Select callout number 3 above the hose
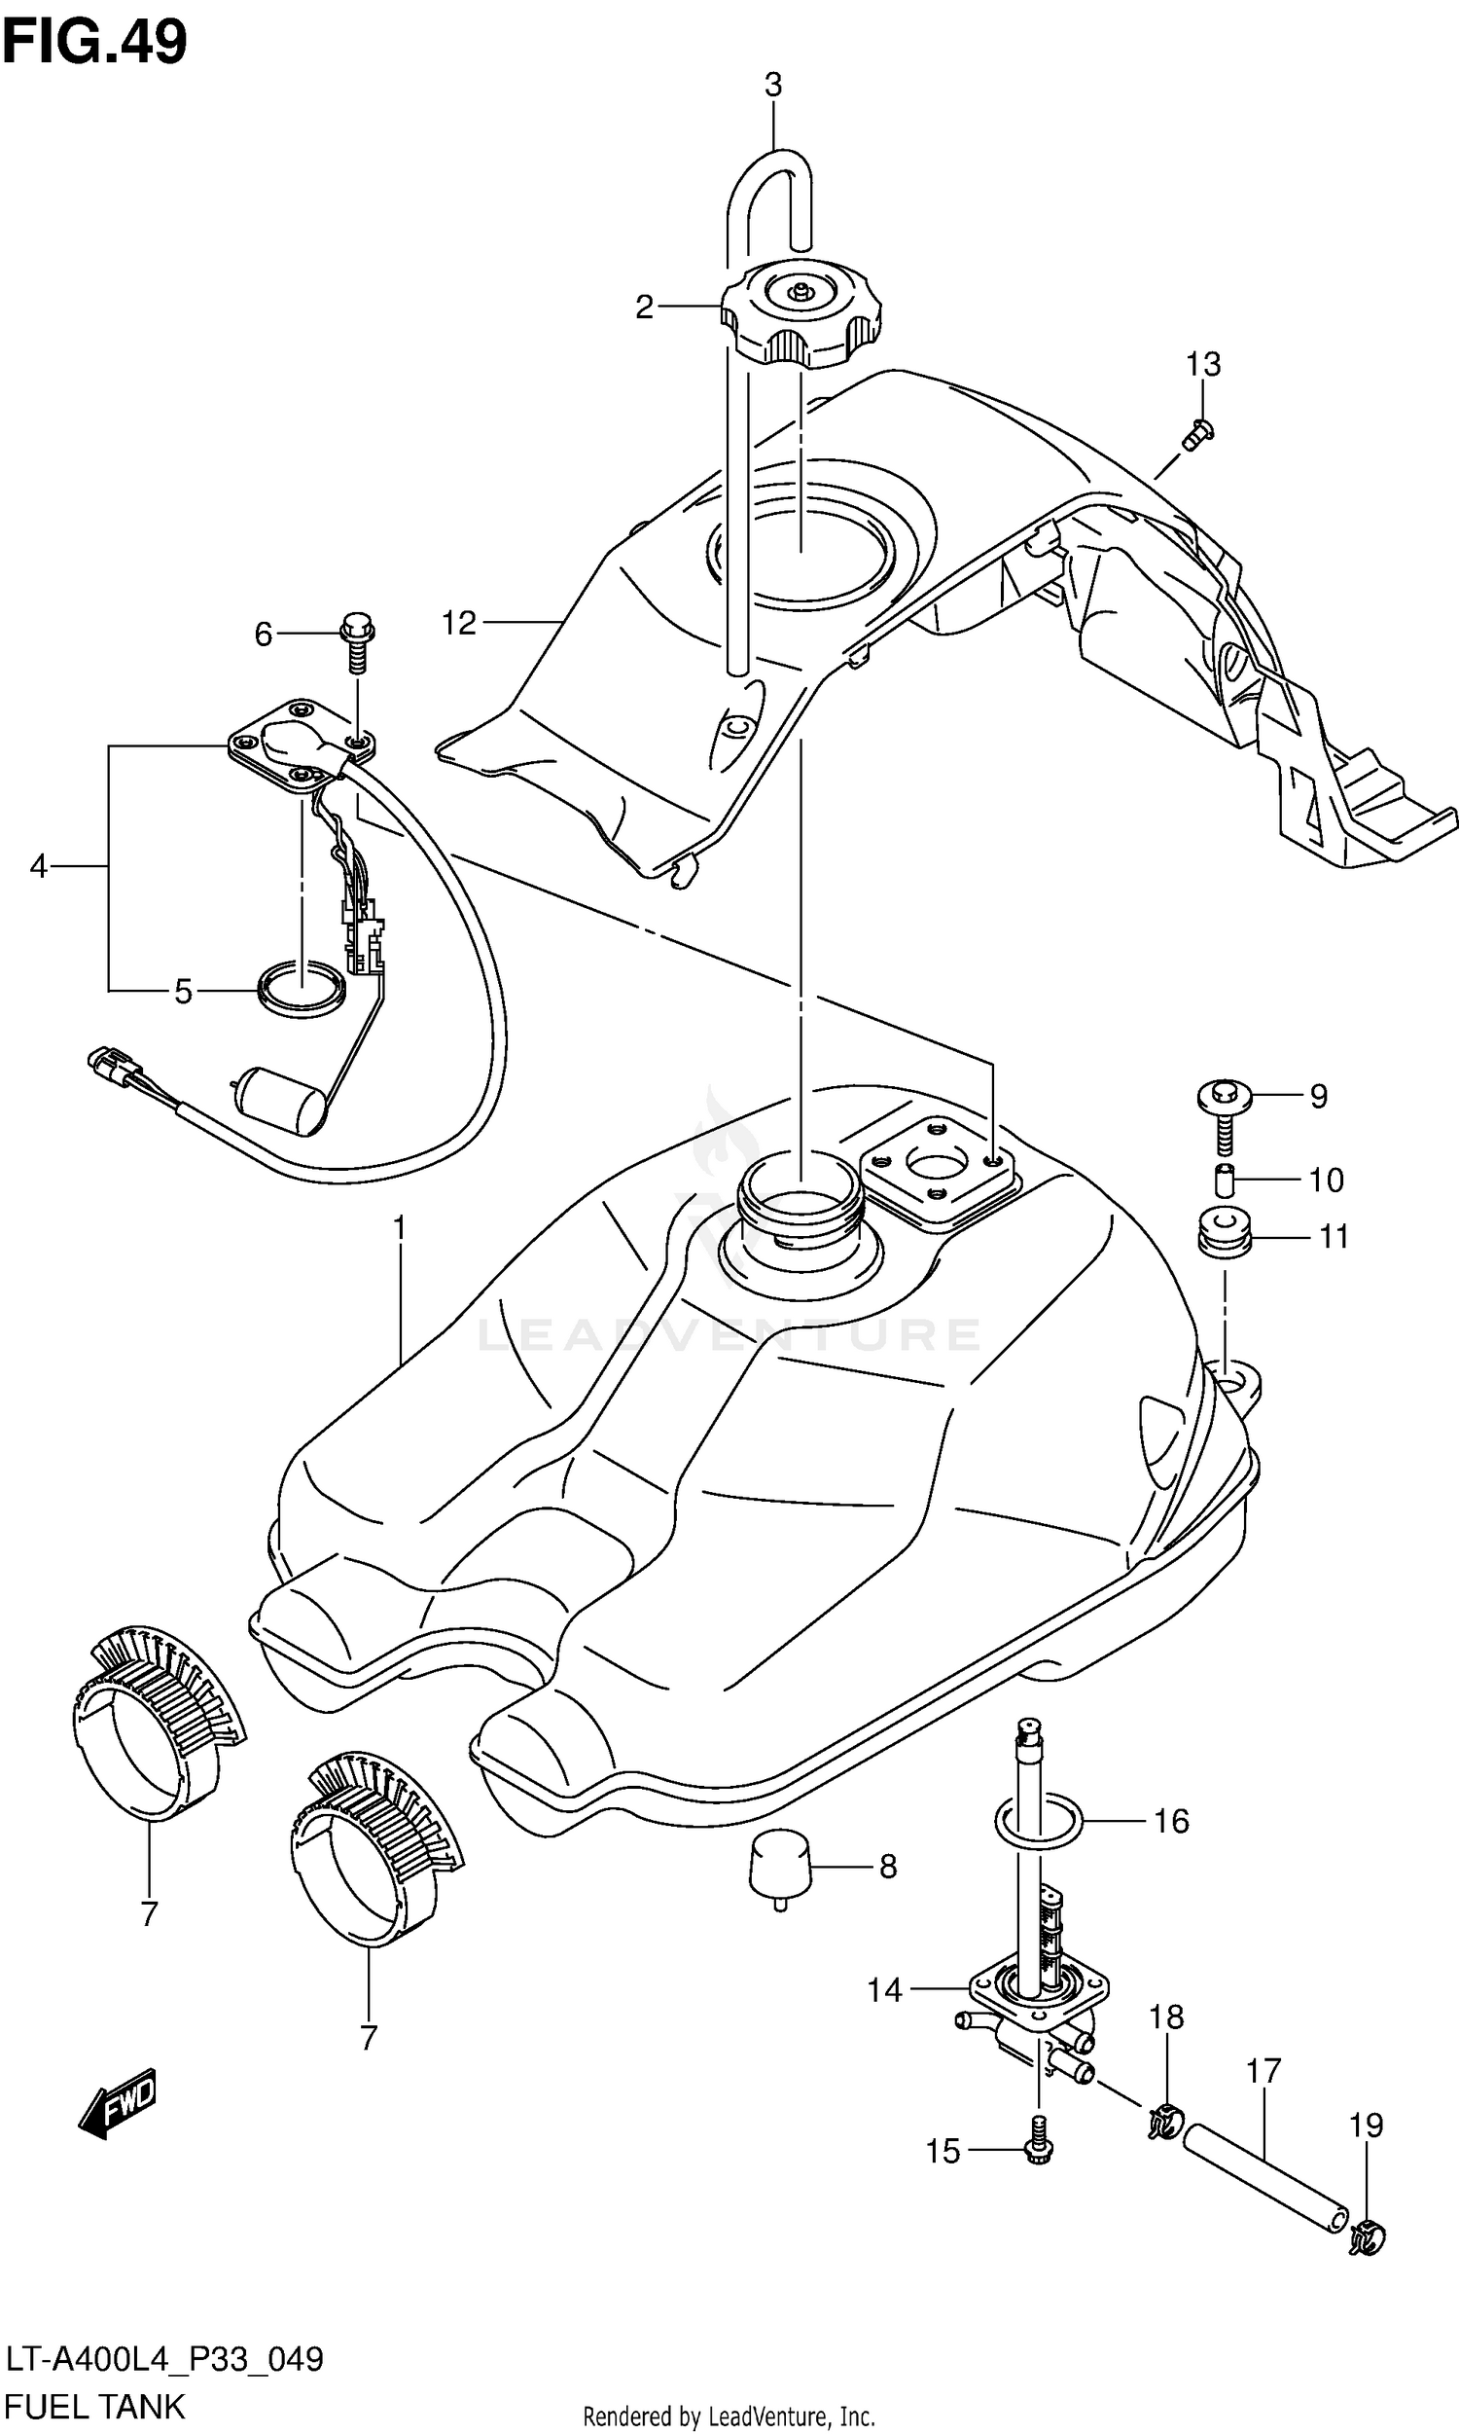[x=772, y=86]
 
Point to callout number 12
[x=458, y=623]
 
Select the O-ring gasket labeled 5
[x=301, y=990]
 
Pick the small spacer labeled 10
[x=1223, y=1178]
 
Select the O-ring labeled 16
[x=1038, y=1820]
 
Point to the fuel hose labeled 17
[x=1263, y=2189]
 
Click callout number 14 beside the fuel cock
[x=884, y=1990]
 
